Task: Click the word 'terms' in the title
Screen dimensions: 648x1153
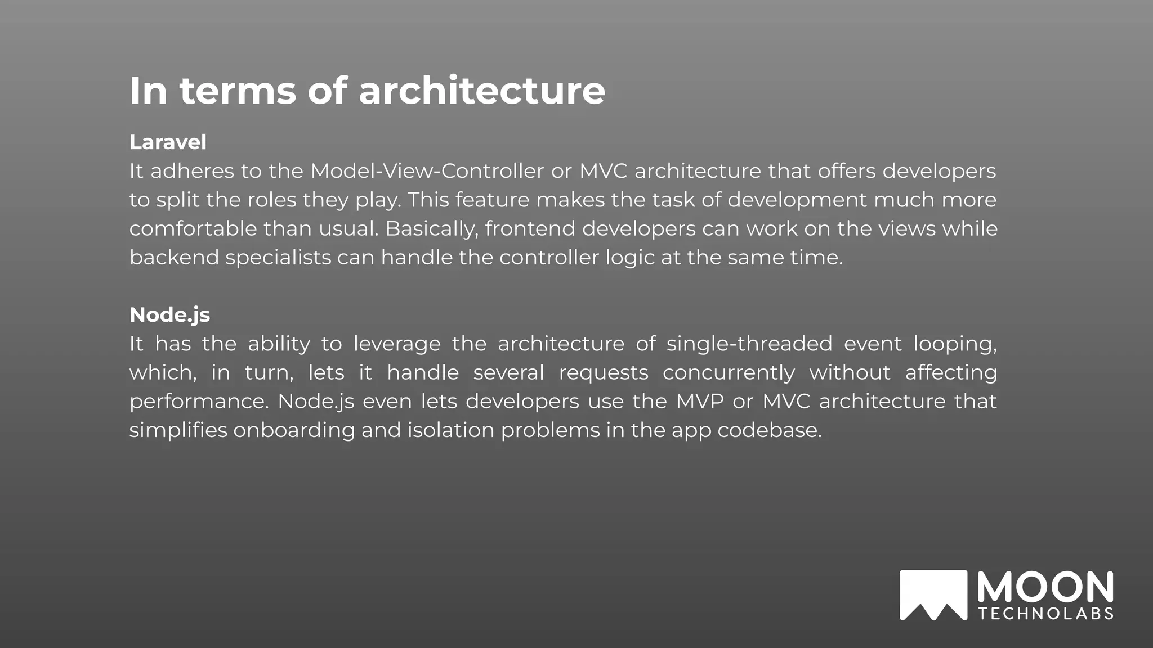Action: point(238,91)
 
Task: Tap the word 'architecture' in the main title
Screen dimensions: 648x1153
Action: point(482,91)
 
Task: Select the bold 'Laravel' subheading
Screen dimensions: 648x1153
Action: point(168,142)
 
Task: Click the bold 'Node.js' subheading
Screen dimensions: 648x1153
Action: point(169,315)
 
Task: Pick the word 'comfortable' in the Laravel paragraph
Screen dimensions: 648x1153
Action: point(193,229)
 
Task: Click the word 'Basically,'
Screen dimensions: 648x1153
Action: point(431,229)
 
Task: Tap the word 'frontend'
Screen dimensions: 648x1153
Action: point(530,229)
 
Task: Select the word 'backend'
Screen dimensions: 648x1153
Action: point(174,258)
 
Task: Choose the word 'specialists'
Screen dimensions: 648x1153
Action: point(278,258)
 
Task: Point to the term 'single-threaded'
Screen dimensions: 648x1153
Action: point(749,344)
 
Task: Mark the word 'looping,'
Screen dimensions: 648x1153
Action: point(955,344)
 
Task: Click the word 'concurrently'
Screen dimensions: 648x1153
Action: point(729,373)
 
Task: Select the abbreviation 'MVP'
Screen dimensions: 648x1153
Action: point(700,402)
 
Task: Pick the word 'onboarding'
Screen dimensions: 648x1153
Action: point(294,430)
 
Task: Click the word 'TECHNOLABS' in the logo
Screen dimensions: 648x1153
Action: point(1046,614)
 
